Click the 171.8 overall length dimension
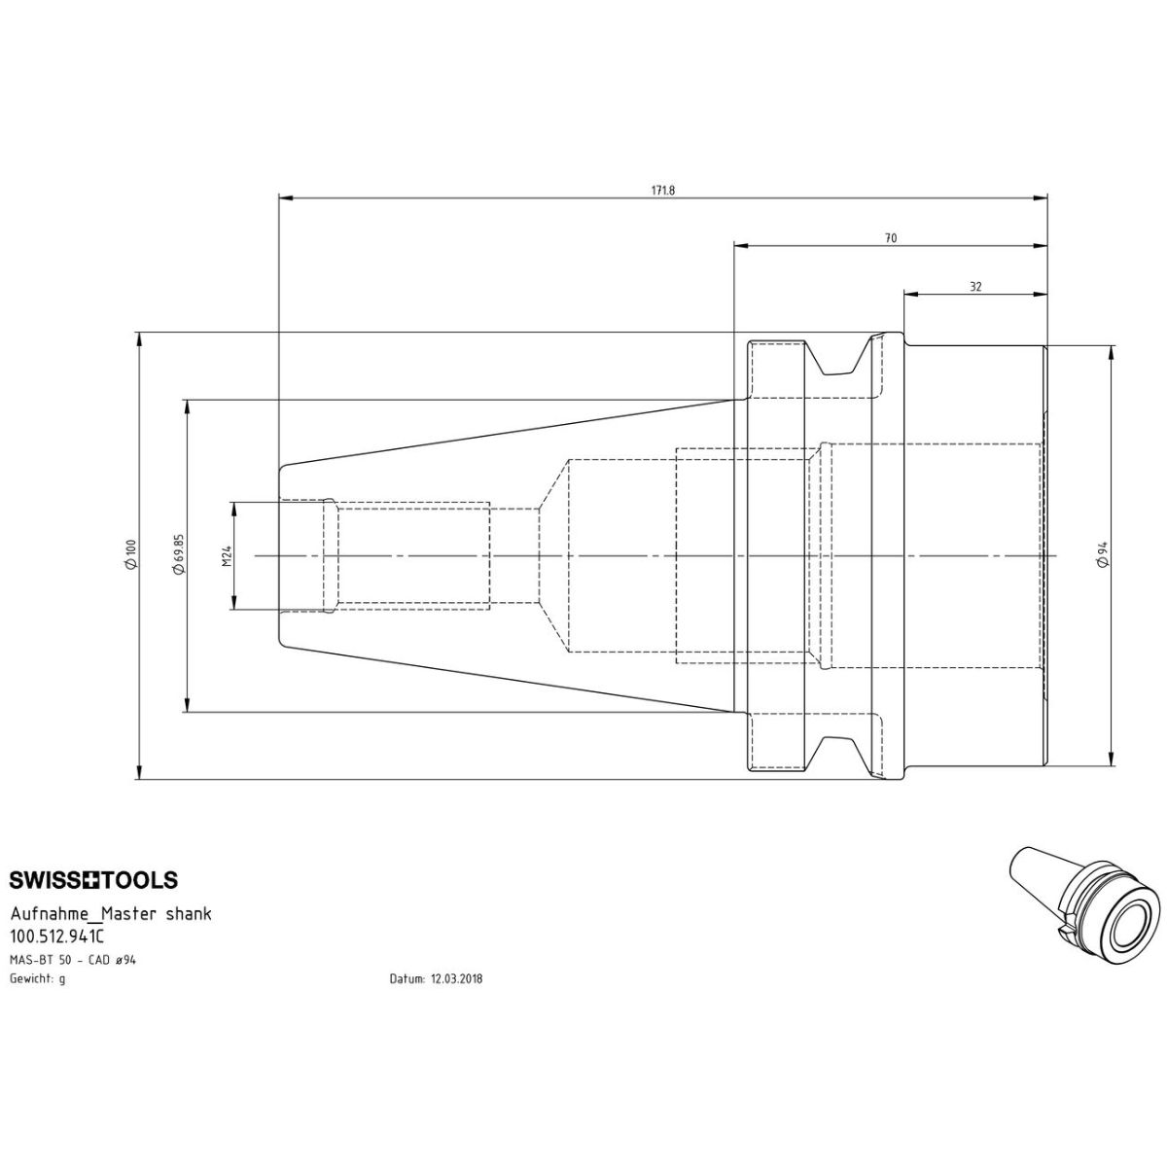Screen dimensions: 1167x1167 pos(663,191)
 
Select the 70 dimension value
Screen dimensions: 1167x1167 pos(890,238)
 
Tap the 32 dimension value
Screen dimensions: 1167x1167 pos(975,287)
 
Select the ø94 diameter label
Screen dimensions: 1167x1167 pos(1103,554)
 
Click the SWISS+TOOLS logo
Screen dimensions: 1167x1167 pos(94,880)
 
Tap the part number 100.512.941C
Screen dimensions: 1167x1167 pos(57,937)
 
